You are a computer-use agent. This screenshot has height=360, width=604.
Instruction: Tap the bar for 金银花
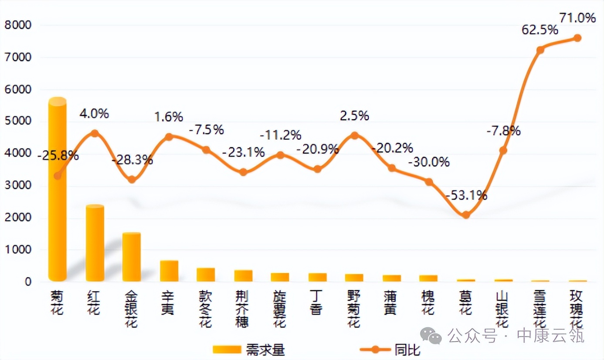(x=132, y=257)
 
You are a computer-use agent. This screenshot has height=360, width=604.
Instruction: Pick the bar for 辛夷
(x=169, y=271)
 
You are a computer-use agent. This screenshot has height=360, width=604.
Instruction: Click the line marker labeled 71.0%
(x=577, y=38)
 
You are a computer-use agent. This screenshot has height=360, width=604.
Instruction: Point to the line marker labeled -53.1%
(x=466, y=215)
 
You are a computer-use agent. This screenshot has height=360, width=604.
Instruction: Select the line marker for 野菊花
(x=355, y=136)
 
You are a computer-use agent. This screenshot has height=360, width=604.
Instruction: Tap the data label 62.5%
(x=540, y=30)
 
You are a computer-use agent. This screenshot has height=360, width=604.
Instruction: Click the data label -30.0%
(x=429, y=163)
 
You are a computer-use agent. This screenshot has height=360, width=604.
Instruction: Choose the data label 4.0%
(x=94, y=114)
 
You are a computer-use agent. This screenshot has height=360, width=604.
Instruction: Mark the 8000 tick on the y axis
(x=18, y=25)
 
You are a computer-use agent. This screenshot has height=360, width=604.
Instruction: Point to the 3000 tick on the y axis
(x=18, y=186)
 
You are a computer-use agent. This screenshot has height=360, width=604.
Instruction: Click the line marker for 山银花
(x=503, y=151)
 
